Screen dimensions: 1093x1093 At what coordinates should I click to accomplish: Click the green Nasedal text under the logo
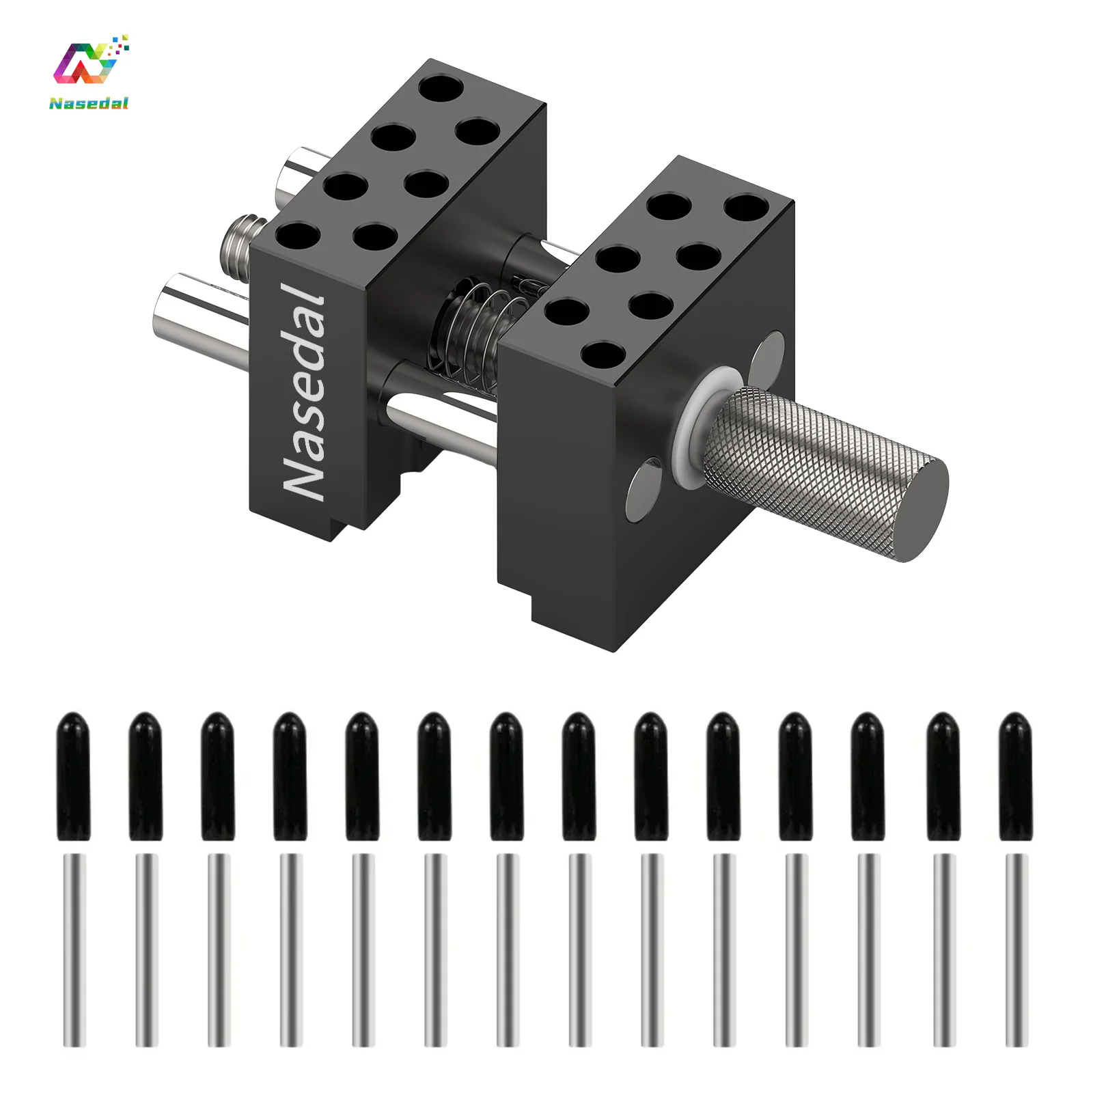[89, 103]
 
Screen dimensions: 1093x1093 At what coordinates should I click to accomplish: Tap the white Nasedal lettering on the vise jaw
[304, 389]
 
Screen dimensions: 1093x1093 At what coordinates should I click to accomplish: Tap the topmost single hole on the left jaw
[441, 88]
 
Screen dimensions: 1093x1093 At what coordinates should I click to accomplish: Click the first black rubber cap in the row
[74, 777]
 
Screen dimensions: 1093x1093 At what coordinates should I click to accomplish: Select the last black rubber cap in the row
[1015, 777]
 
